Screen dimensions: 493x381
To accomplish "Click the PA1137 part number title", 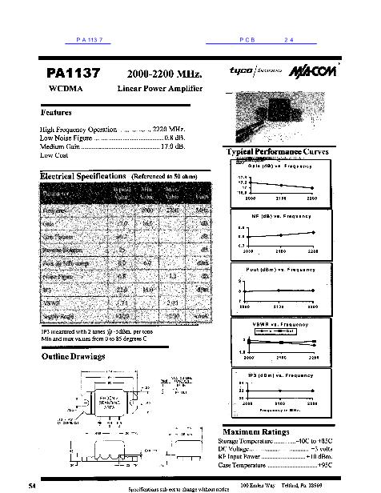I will (x=71, y=73).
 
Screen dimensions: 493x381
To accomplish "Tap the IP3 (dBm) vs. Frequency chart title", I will (x=279, y=375).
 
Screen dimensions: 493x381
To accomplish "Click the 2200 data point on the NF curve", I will (x=312, y=233).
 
